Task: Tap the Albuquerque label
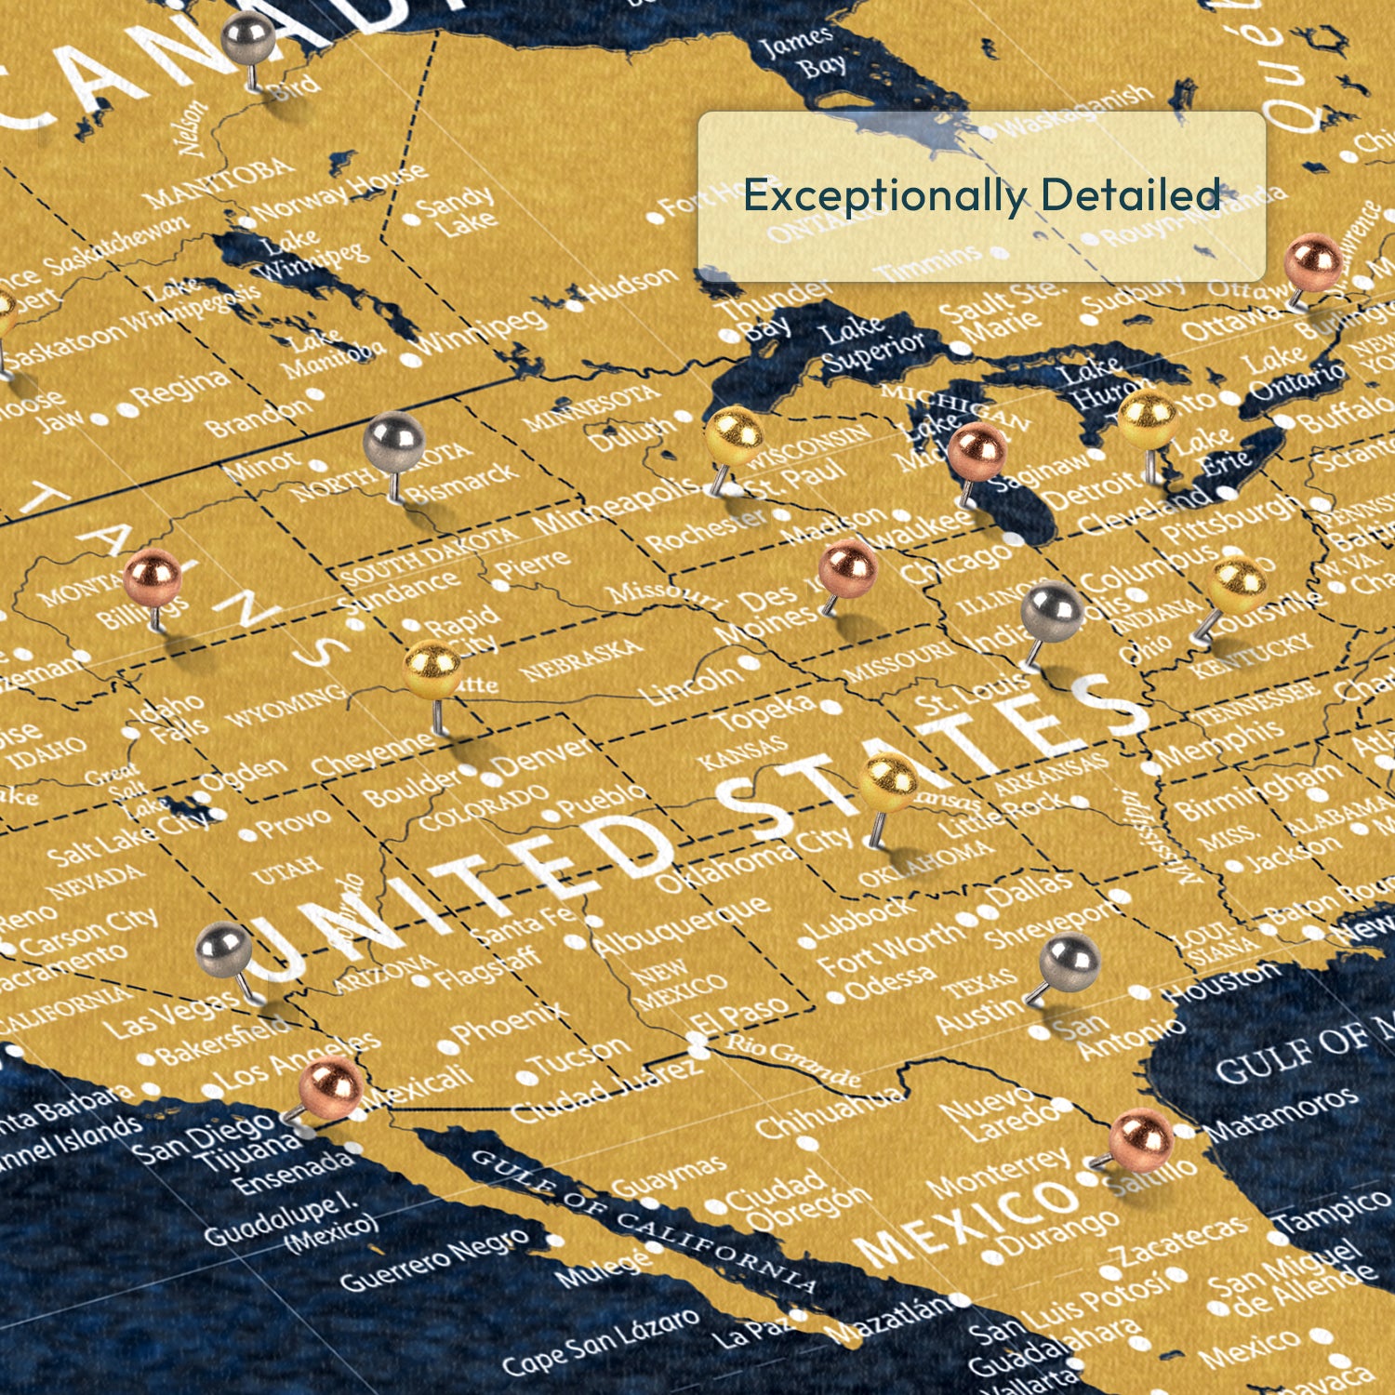684,925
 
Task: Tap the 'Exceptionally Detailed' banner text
981,195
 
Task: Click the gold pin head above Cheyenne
432,668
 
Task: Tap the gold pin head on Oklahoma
888,781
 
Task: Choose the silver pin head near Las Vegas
224,950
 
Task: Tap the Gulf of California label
642,1218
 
